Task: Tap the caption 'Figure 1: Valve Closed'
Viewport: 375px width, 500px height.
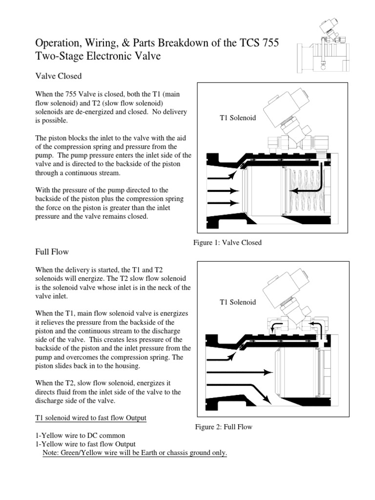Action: point(228,243)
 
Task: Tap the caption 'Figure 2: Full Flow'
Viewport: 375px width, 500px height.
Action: point(224,427)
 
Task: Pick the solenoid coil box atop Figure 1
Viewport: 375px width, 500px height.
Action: point(282,110)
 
